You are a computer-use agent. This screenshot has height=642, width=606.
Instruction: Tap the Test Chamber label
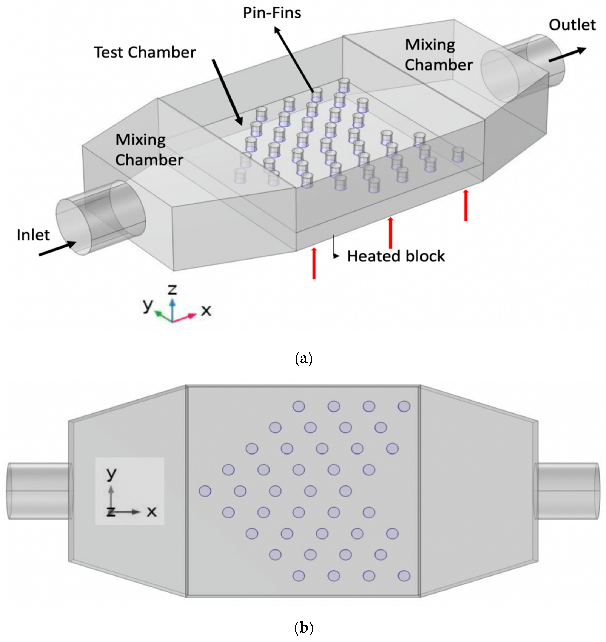pyautogui.click(x=145, y=52)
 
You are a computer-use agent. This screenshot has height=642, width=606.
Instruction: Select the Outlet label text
pyautogui.click(x=572, y=25)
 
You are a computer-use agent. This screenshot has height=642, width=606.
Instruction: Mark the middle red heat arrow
pyautogui.click(x=391, y=233)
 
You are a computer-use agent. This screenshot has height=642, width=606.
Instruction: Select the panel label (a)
pyautogui.click(x=304, y=359)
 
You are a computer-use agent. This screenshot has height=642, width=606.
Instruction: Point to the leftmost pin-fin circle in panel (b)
pyautogui.click(x=205, y=491)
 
